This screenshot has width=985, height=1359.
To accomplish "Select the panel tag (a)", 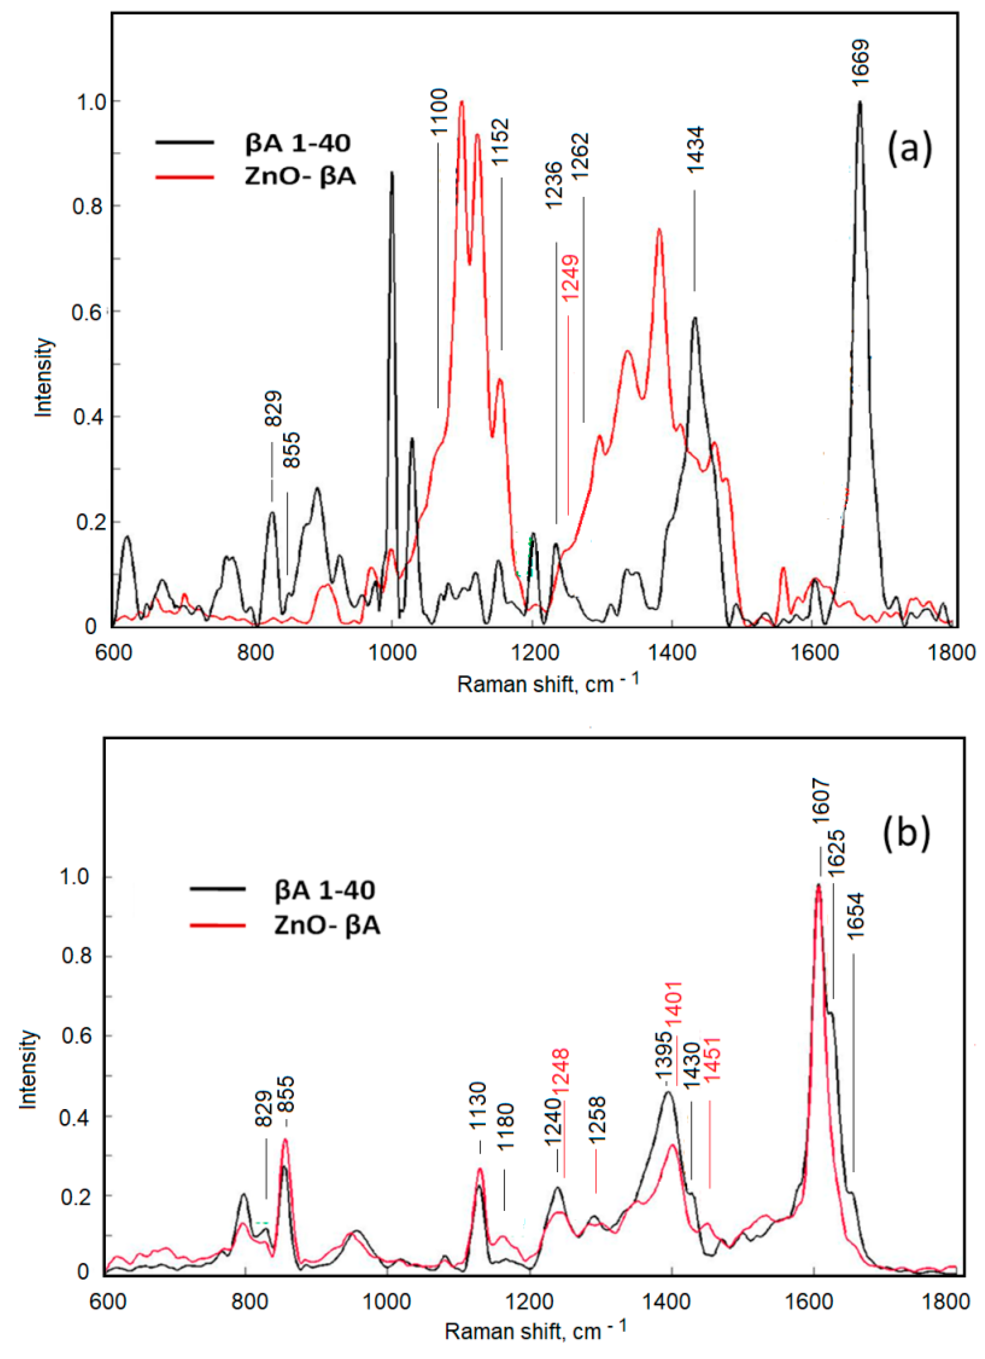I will tap(909, 149).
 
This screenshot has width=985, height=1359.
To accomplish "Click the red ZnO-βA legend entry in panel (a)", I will tap(301, 177).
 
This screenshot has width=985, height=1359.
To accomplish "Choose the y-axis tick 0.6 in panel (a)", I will tap(86, 312).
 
